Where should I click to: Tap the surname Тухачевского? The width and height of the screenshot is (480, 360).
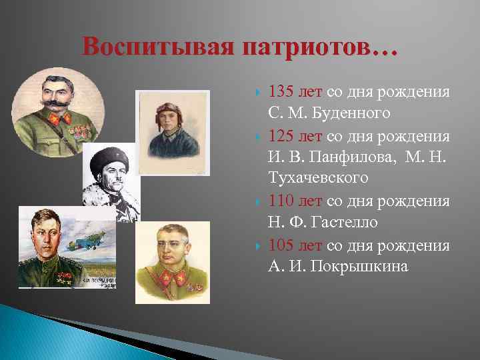point(317,179)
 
